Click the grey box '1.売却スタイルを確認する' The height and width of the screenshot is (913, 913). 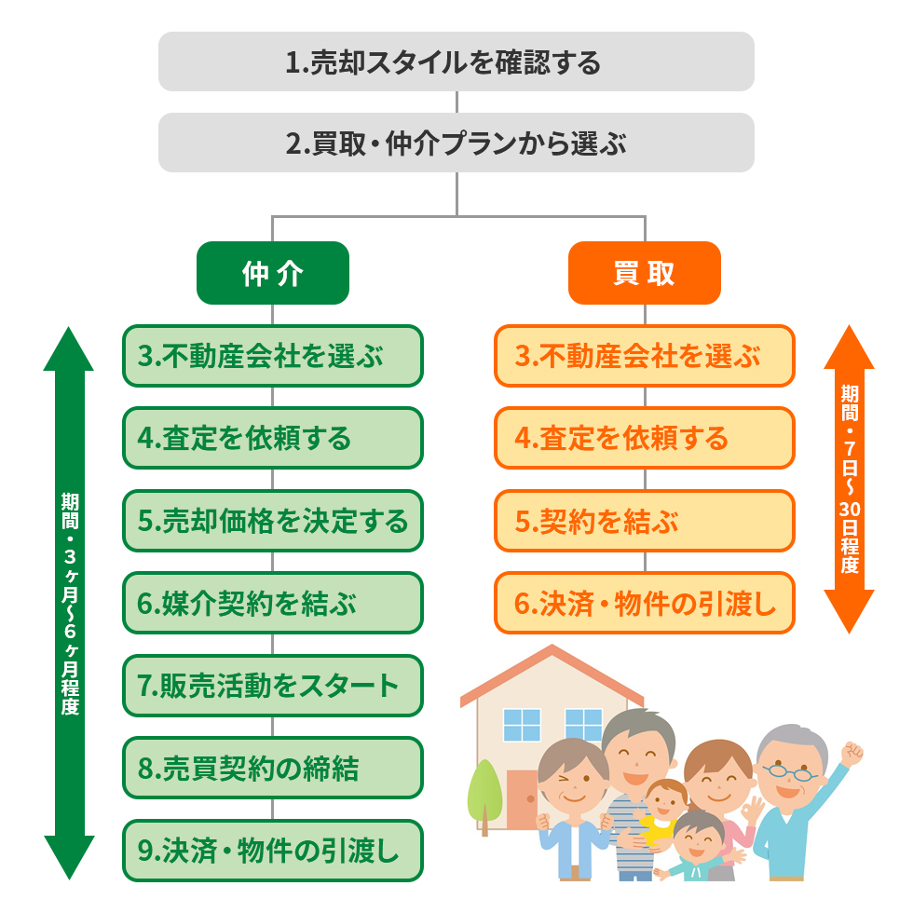pyautogui.click(x=456, y=61)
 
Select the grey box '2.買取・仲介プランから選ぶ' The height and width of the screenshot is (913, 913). pyautogui.click(x=456, y=143)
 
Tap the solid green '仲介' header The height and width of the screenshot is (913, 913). pyautogui.click(x=272, y=273)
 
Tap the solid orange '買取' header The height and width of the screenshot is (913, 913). pyautogui.click(x=644, y=273)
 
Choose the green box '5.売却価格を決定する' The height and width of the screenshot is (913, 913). pyautogui.click(x=272, y=521)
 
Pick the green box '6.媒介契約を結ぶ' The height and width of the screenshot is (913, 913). pyautogui.click(x=272, y=603)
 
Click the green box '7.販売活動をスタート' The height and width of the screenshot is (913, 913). pyautogui.click(x=272, y=686)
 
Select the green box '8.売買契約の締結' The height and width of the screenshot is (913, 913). pyautogui.click(x=272, y=768)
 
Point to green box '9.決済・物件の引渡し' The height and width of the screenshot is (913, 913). pyautogui.click(x=272, y=850)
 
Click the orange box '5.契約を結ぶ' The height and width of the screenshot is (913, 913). pyautogui.click(x=644, y=521)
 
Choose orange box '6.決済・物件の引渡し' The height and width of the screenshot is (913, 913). pyautogui.click(x=644, y=603)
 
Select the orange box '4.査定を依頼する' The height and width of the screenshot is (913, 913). pyautogui.click(x=644, y=438)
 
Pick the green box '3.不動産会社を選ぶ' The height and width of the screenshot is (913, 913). pyautogui.click(x=272, y=356)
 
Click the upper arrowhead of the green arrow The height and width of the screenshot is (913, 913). pyautogui.click(x=69, y=349)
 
